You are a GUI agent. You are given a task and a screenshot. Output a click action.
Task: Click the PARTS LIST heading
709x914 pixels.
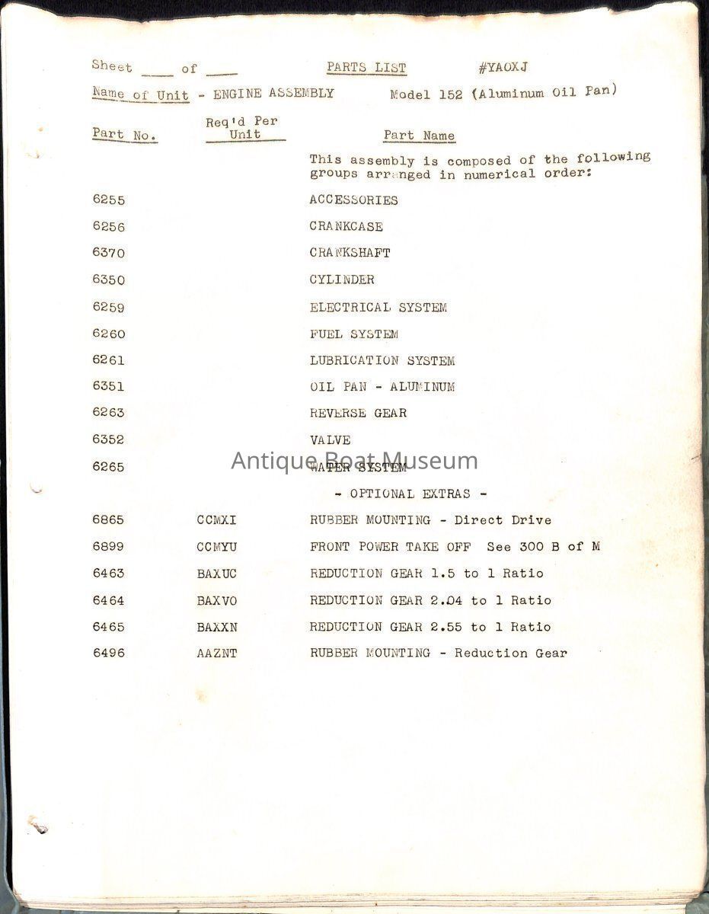click(x=366, y=68)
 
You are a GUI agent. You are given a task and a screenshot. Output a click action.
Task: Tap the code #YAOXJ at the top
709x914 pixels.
click(x=503, y=68)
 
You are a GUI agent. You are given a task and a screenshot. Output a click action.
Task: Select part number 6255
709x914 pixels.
click(x=108, y=200)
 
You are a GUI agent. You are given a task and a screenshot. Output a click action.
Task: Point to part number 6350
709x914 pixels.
click(x=108, y=280)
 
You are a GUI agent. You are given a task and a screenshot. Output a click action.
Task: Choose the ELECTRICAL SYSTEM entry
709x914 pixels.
click(x=378, y=308)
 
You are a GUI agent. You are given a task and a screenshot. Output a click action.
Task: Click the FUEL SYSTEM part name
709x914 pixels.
click(x=353, y=334)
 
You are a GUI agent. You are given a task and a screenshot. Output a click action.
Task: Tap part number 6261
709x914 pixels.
click(x=108, y=360)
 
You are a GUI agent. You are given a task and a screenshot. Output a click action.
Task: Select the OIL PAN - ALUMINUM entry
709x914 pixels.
click(x=382, y=387)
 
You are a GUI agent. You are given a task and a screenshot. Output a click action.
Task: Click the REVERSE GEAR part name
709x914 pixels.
click(x=358, y=414)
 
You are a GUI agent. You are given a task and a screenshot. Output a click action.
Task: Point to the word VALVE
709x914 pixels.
click(x=330, y=440)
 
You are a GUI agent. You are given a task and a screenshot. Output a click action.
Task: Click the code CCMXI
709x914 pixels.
click(x=216, y=520)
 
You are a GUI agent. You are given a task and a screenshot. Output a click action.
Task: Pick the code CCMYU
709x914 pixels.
click(x=216, y=547)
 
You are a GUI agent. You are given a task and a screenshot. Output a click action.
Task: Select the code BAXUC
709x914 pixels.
click(x=216, y=574)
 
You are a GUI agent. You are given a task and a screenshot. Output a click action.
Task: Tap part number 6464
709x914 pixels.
click(x=108, y=600)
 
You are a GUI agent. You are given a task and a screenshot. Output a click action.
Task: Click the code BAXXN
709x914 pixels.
click(x=216, y=627)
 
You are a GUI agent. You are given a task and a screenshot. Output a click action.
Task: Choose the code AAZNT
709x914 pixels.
click(x=216, y=654)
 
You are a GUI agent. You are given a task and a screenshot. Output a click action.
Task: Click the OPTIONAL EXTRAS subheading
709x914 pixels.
click(x=410, y=494)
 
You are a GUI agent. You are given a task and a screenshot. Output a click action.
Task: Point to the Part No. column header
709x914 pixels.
click(x=125, y=135)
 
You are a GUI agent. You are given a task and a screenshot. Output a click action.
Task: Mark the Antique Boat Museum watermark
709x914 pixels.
click(x=355, y=461)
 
